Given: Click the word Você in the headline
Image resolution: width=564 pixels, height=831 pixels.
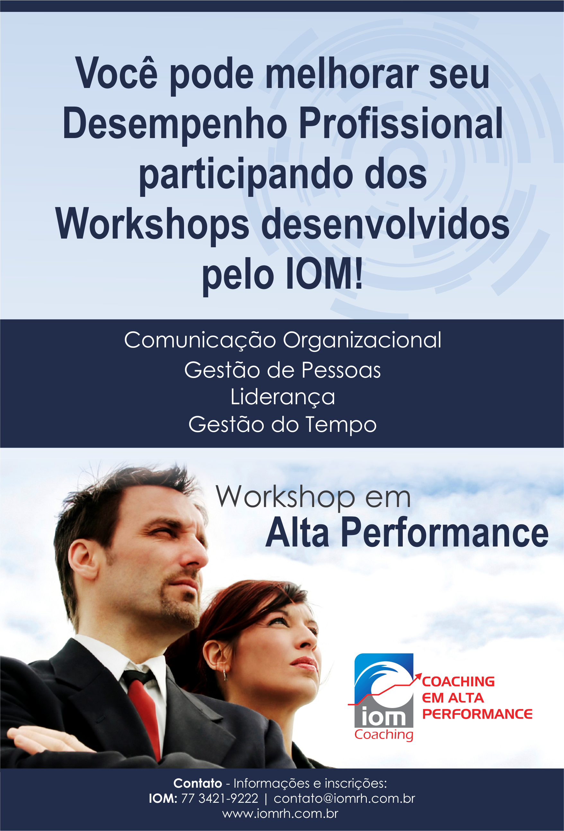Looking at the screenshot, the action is (117, 73).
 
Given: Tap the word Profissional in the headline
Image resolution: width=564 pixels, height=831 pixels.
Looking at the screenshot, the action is (401, 123).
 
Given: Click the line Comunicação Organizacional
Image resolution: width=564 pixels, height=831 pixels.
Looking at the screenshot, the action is (283, 340).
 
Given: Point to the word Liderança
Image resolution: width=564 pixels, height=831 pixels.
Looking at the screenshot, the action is (283, 397).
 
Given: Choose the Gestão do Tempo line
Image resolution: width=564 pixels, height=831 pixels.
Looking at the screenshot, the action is (283, 424).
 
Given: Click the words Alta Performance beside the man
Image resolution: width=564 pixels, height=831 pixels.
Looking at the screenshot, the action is (407, 533).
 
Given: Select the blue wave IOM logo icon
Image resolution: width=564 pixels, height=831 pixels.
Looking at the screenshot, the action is (384, 690).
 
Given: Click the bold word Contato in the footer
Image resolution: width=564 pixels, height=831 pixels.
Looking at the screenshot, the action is (198, 783).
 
